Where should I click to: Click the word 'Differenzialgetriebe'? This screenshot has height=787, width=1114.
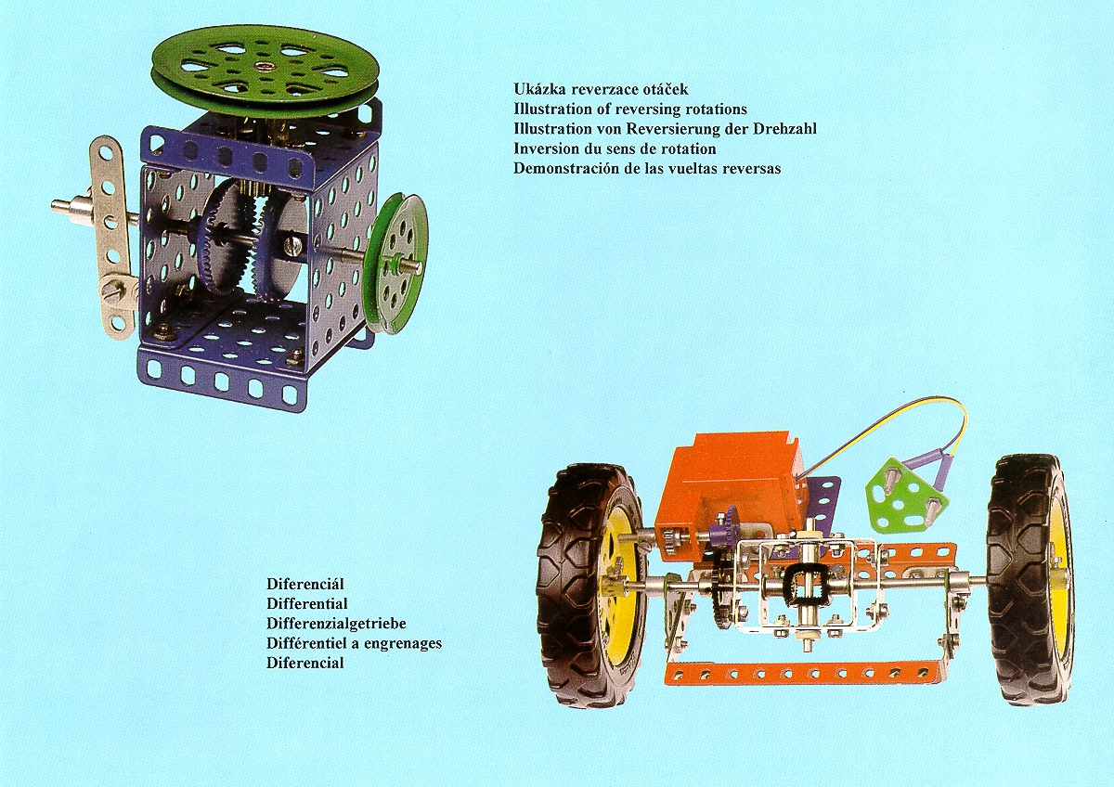coord(336,623)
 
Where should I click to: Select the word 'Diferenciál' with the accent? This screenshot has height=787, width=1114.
coord(305,583)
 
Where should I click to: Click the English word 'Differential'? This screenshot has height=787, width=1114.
coord(307,603)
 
